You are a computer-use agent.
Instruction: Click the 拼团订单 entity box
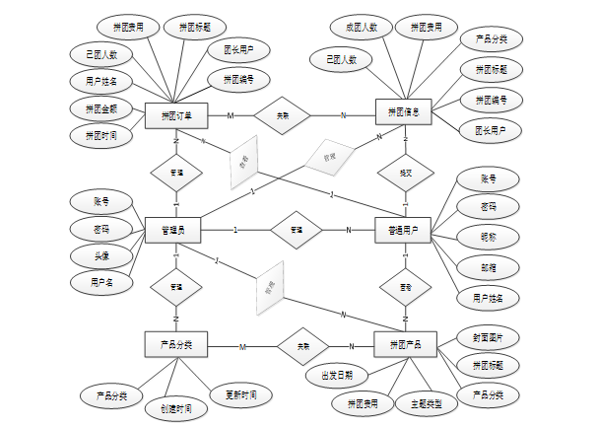(176, 115)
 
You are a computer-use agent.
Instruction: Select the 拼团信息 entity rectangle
(405, 114)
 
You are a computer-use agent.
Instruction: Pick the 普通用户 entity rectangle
(405, 231)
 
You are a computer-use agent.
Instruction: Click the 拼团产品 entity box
(405, 345)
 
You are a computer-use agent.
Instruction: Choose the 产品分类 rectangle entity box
(176, 345)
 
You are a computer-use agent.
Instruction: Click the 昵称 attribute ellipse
(489, 237)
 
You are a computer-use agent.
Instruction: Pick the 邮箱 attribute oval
(489, 266)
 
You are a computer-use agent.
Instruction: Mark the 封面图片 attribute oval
(489, 337)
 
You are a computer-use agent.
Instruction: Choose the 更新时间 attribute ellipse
(240, 394)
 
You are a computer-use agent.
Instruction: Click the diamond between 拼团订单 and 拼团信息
(284, 115)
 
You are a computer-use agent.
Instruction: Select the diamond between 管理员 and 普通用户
(296, 230)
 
